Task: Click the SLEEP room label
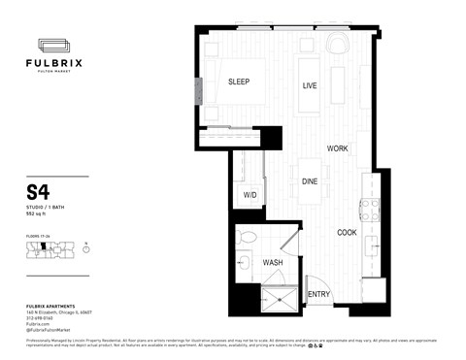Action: coord(239,82)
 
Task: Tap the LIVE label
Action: coord(310,86)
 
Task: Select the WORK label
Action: coord(337,148)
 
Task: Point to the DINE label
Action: coord(310,181)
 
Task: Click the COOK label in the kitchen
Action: coord(347,233)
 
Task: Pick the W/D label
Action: coord(249,196)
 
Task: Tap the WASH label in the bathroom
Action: coord(273,262)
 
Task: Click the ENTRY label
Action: coord(318,295)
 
